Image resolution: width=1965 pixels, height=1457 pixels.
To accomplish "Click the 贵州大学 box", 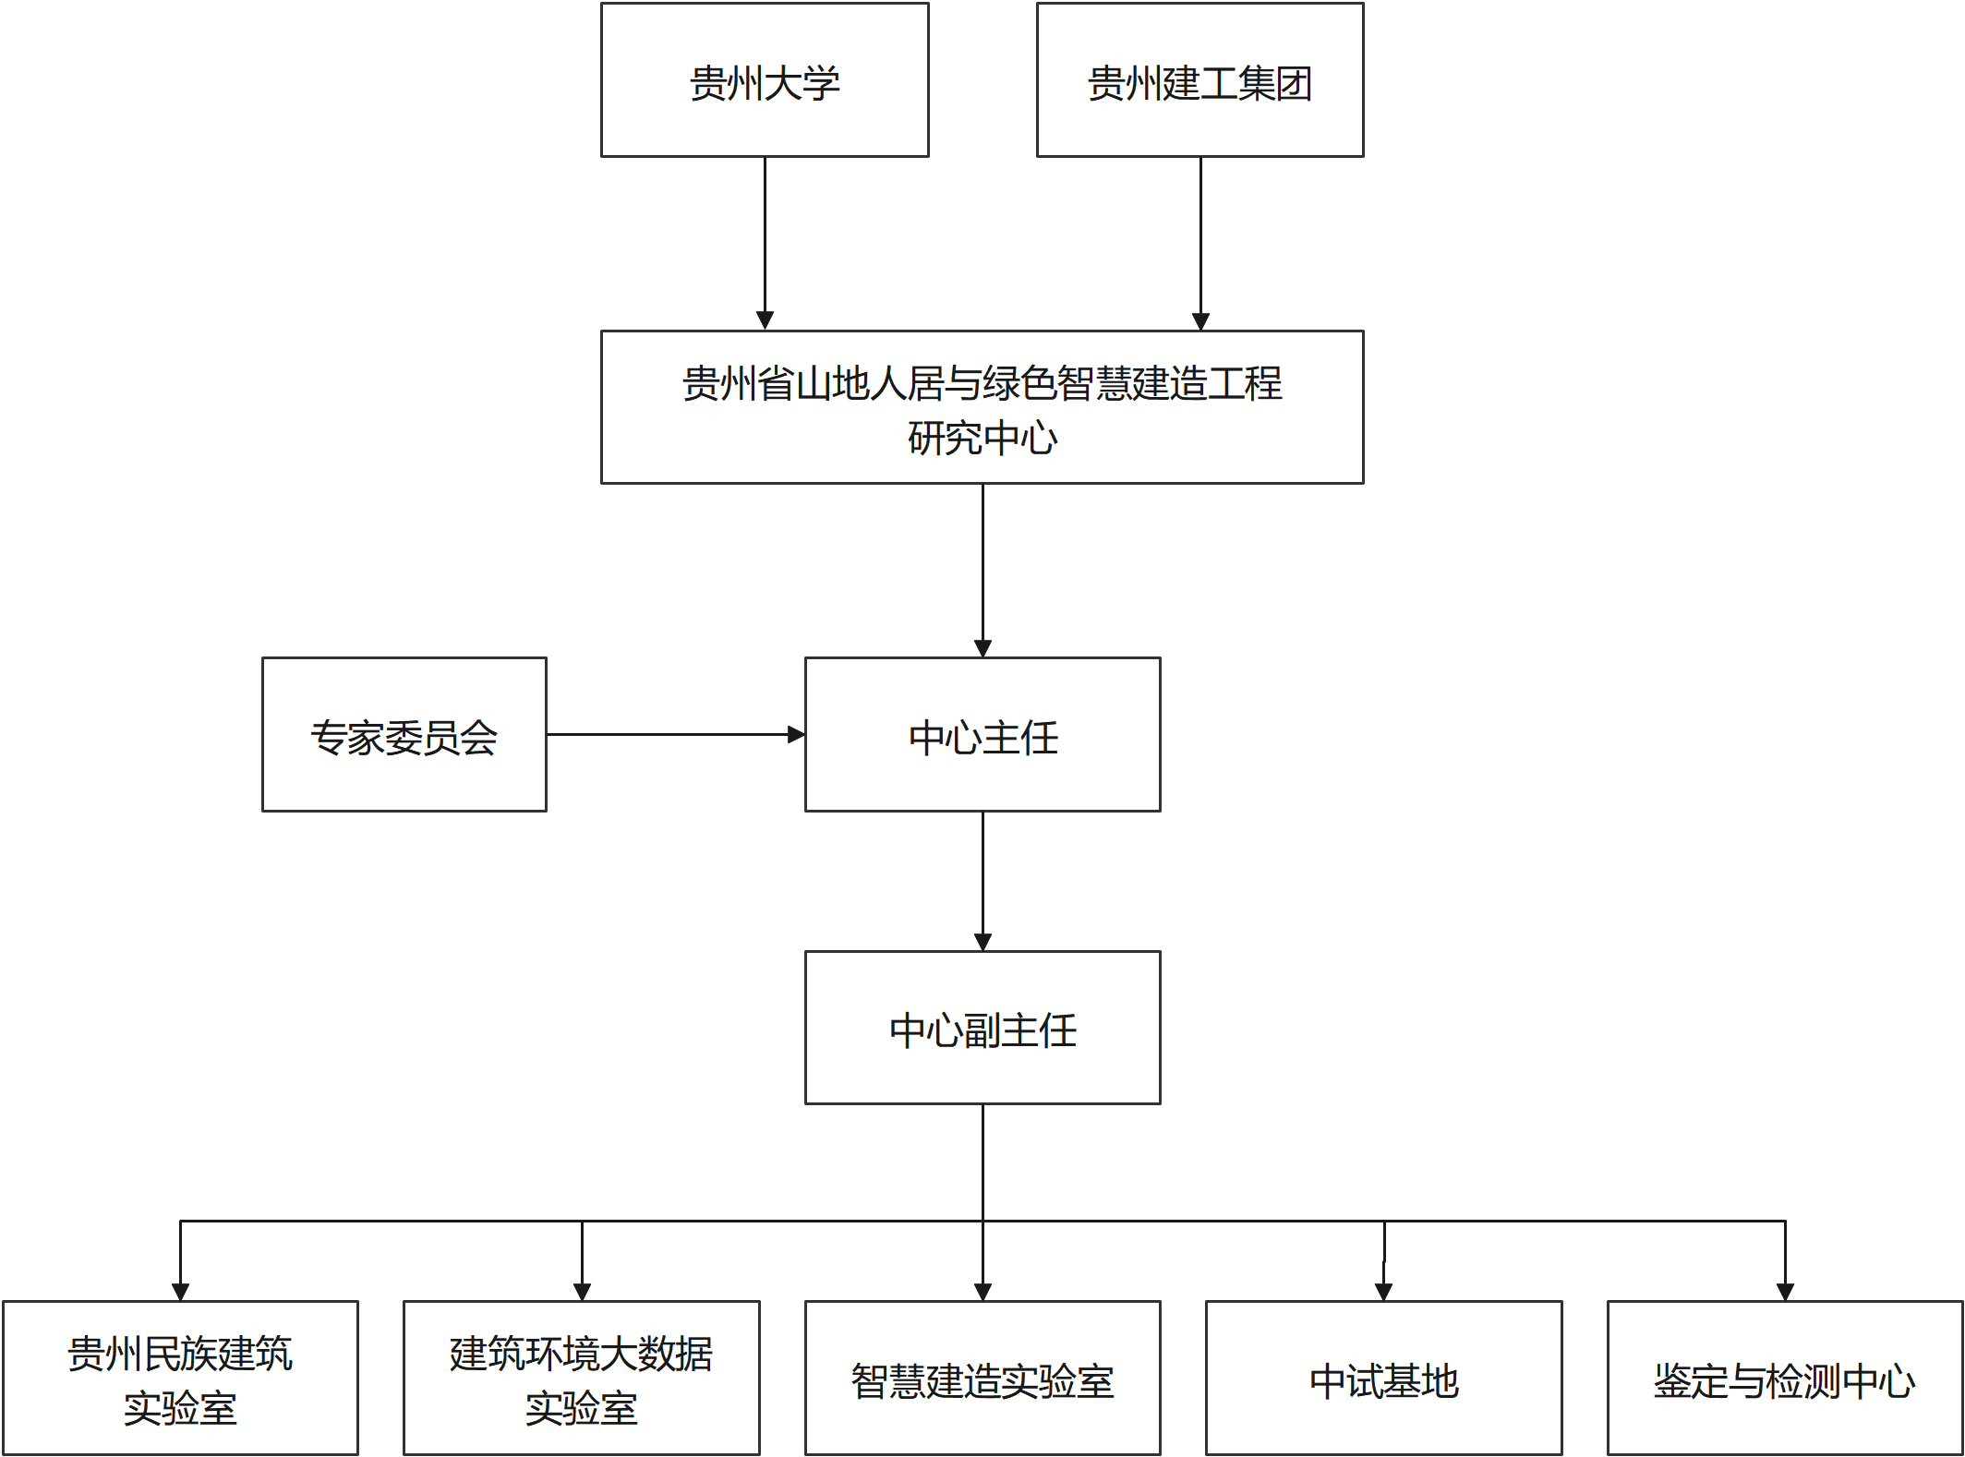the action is coord(765,80).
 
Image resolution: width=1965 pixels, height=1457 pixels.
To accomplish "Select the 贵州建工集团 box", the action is coord(1200,80).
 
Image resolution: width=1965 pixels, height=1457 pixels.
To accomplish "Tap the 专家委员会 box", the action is coord(404,735).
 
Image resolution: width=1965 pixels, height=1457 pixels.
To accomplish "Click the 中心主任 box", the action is coord(982,735).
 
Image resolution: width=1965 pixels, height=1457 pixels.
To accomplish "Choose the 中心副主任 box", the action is coord(982,1028).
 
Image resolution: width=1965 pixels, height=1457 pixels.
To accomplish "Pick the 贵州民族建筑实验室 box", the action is coord(180,1378).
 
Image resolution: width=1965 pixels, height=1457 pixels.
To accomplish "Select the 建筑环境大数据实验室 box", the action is coord(582,1378).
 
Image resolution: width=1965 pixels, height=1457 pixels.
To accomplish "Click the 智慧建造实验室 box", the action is coord(982,1378).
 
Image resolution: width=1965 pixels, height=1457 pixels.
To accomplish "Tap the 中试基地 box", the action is coord(1384,1378).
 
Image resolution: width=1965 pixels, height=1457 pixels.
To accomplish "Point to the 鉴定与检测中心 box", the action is coord(1785,1378).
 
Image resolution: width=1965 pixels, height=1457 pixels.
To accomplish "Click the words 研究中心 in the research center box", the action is coord(982,438).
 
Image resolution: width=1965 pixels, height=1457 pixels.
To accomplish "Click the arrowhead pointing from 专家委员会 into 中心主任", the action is coord(796,735).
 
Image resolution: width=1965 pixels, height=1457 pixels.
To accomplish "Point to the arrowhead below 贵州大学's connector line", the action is coord(765,320).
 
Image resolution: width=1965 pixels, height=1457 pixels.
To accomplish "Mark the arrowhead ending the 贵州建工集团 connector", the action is coord(1200,320).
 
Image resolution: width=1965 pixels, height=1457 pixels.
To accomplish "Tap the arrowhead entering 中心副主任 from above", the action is coord(982,942).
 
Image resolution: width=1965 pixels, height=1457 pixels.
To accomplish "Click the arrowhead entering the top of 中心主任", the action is coord(982,648).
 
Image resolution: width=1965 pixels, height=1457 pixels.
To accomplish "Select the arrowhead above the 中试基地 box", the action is coord(1383,1292).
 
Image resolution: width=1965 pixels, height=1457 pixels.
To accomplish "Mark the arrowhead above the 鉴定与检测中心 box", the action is coord(1785,1292).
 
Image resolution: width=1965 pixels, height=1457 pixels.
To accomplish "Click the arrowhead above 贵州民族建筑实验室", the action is coord(180,1292).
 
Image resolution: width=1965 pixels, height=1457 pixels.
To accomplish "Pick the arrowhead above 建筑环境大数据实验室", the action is coord(582,1292).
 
